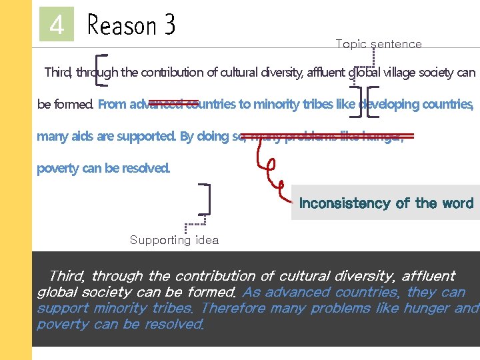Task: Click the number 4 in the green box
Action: [57, 26]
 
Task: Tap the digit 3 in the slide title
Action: [169, 26]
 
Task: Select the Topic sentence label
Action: [378, 44]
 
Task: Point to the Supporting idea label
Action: [174, 240]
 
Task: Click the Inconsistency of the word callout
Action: [386, 203]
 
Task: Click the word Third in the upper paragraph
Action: [59, 73]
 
